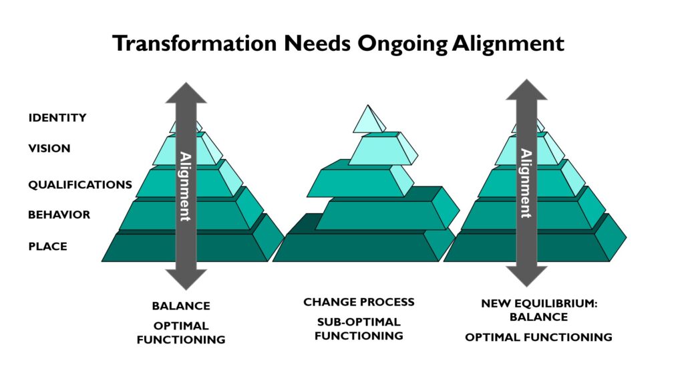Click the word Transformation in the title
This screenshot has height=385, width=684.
point(194,43)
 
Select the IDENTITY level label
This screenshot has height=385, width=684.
point(57,118)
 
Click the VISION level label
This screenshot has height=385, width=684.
point(49,148)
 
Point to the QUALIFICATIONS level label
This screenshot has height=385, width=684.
point(80,184)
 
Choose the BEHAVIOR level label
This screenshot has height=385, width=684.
point(59,215)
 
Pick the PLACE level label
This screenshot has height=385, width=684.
point(48,247)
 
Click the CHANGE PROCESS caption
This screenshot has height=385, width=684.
point(359,302)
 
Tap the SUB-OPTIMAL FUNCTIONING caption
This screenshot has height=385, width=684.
point(359,329)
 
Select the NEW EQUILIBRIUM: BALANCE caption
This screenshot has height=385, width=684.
point(539,310)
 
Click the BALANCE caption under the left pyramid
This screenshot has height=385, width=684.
point(181,306)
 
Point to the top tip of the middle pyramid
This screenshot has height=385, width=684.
point(368,105)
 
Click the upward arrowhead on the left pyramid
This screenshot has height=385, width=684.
point(186,92)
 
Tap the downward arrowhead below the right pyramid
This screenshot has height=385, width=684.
point(526,276)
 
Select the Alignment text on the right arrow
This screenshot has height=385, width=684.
point(526,183)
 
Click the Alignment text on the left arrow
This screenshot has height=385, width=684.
point(186,186)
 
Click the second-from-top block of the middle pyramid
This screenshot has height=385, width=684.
point(383,148)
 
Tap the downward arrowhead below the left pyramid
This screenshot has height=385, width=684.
point(186,279)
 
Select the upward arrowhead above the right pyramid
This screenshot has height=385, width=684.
point(526,90)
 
